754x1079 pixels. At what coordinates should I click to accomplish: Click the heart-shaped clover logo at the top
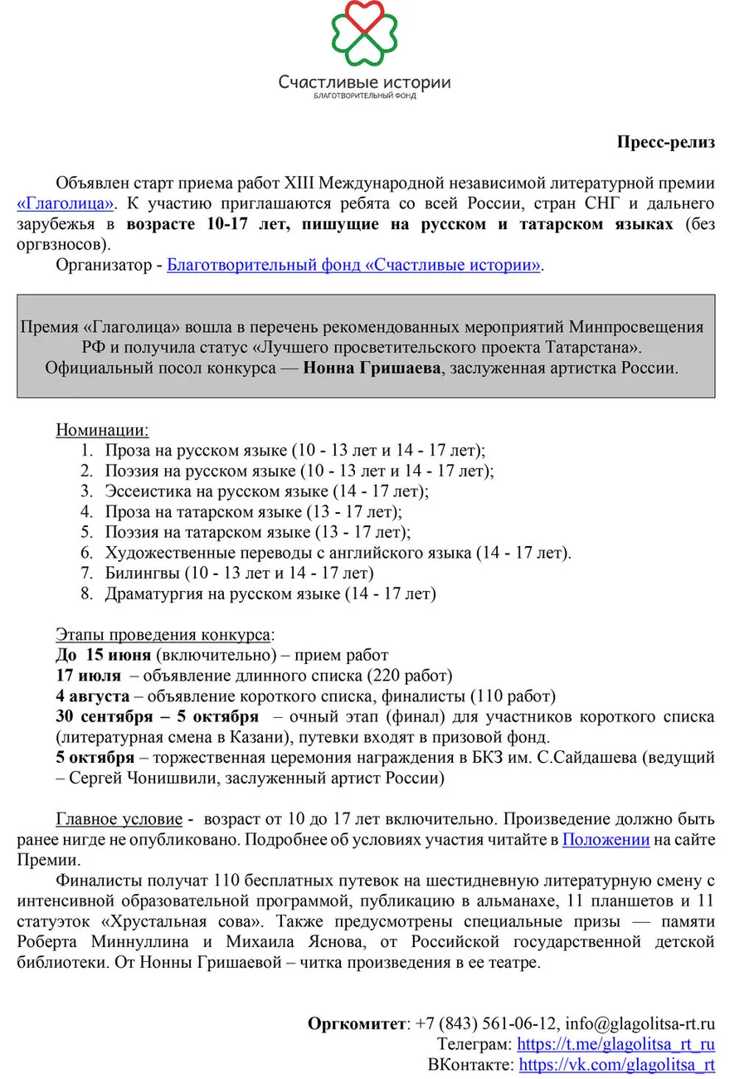364,34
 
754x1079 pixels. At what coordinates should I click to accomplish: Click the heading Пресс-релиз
665,141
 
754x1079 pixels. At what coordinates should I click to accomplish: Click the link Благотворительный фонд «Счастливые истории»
354,266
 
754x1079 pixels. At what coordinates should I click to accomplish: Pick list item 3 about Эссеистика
265,491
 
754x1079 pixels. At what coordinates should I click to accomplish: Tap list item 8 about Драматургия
269,594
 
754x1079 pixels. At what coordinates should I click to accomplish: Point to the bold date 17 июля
88,676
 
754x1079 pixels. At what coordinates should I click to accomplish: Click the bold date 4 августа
92,696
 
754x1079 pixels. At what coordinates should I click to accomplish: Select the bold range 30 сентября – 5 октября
157,716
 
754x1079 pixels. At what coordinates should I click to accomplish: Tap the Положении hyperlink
606,840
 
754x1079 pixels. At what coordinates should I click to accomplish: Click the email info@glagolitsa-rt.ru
640,1023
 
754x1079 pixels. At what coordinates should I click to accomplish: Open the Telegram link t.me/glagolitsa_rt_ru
615,1044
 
